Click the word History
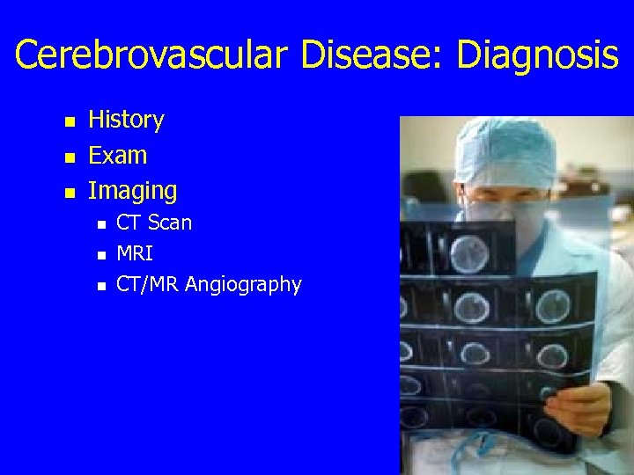click(x=127, y=120)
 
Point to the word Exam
click(x=118, y=156)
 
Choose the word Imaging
click(x=133, y=190)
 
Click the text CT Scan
click(x=154, y=223)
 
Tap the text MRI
click(x=135, y=254)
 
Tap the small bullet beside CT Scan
click(x=101, y=224)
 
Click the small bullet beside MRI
click(x=101, y=255)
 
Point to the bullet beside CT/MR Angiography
click(x=101, y=286)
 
